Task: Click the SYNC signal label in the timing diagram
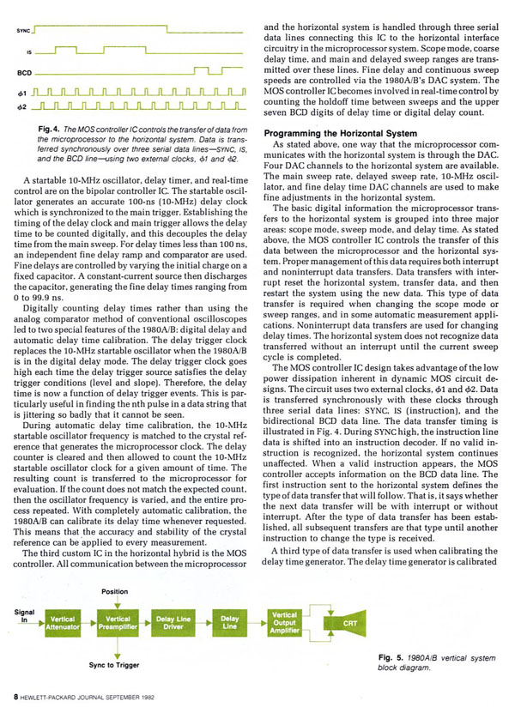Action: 24,31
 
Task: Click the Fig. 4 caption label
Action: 60,129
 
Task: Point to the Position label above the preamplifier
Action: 115,592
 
